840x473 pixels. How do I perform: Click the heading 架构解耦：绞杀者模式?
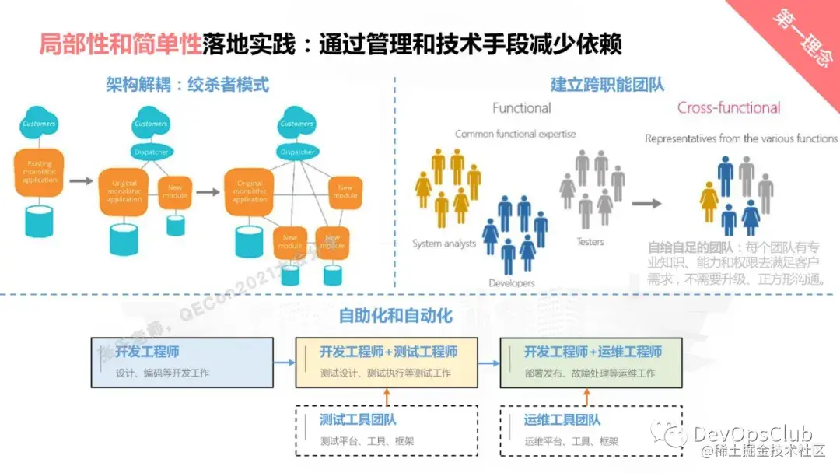click(187, 85)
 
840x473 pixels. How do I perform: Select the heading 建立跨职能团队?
click(607, 85)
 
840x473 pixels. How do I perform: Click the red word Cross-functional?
click(729, 108)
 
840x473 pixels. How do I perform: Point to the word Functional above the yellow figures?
click(521, 108)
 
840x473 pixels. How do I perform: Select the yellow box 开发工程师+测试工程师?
click(387, 362)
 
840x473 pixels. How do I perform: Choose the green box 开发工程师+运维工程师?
click(591, 362)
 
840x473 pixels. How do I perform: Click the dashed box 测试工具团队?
click(387, 430)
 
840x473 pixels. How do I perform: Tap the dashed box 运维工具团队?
click(591, 430)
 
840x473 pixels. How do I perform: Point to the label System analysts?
click(444, 244)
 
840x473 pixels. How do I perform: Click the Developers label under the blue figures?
click(512, 283)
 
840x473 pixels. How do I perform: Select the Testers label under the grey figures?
click(590, 242)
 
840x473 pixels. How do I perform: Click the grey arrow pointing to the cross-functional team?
click(646, 204)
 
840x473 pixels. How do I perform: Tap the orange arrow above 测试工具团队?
click(387, 397)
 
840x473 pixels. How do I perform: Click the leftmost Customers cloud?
click(39, 124)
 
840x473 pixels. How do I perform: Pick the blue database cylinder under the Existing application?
click(39, 221)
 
